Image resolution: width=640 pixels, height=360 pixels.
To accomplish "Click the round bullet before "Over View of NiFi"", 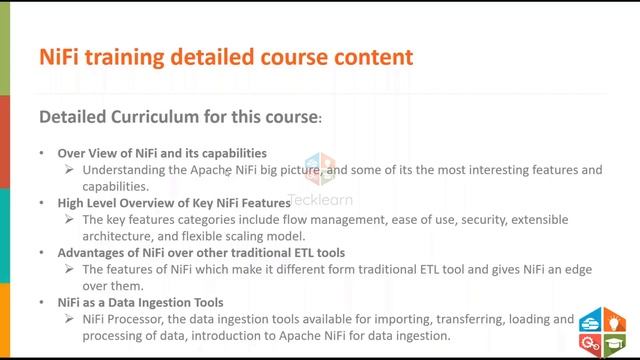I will (41, 154).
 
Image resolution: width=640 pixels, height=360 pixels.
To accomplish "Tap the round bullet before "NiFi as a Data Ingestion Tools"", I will (41, 302).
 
